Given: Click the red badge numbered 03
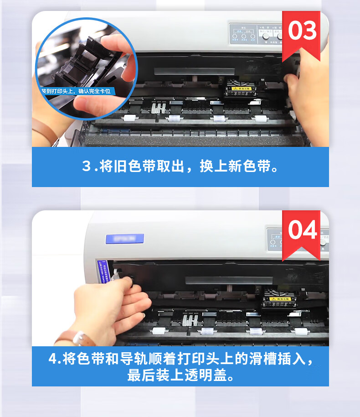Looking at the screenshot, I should (x=301, y=32).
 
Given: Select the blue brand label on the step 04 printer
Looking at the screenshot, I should (x=124, y=239).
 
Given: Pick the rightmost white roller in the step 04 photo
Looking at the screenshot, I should (x=300, y=331).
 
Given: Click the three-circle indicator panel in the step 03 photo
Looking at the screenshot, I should (x=242, y=34).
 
